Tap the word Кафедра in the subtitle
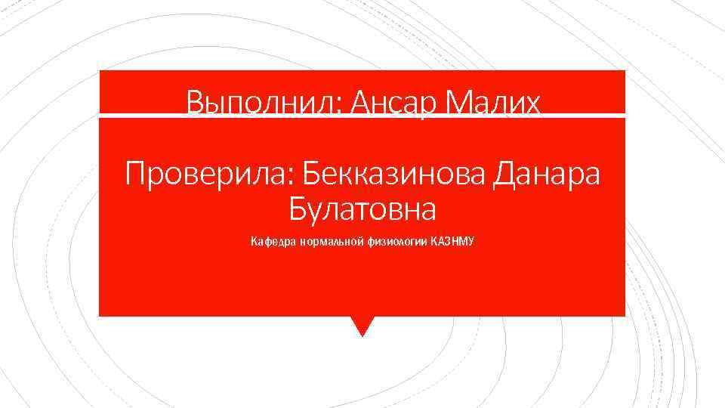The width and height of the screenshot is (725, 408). (273, 243)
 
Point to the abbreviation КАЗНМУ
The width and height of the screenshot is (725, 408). (452, 243)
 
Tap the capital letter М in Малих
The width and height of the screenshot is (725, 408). (460, 102)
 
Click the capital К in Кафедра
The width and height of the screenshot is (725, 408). (254, 243)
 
